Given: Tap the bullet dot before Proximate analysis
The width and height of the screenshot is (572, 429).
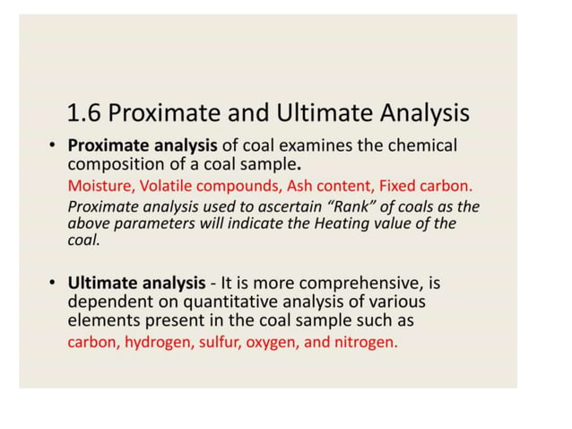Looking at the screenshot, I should pos(54,145).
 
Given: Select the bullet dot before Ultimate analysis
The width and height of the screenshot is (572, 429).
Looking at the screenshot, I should pos(54,284).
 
